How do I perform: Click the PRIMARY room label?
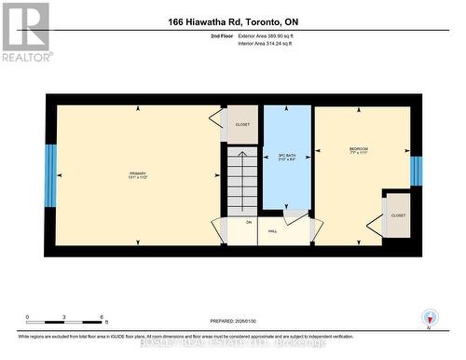tap(138, 174)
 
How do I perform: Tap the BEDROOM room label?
tap(359, 150)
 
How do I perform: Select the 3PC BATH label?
tap(286, 157)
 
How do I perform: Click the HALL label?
tap(273, 230)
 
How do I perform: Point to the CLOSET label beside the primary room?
tap(242, 124)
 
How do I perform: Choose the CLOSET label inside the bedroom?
tap(398, 215)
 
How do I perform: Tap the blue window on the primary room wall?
tap(50, 174)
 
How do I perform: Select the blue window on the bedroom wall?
tap(416, 170)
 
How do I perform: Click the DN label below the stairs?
tap(249, 222)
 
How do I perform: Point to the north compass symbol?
tap(429, 317)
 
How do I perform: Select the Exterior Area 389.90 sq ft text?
tap(272, 35)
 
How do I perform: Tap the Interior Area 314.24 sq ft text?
tap(272, 42)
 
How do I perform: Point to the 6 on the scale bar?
tap(101, 317)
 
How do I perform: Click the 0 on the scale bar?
tap(27, 317)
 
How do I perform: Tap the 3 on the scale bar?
tap(63, 317)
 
